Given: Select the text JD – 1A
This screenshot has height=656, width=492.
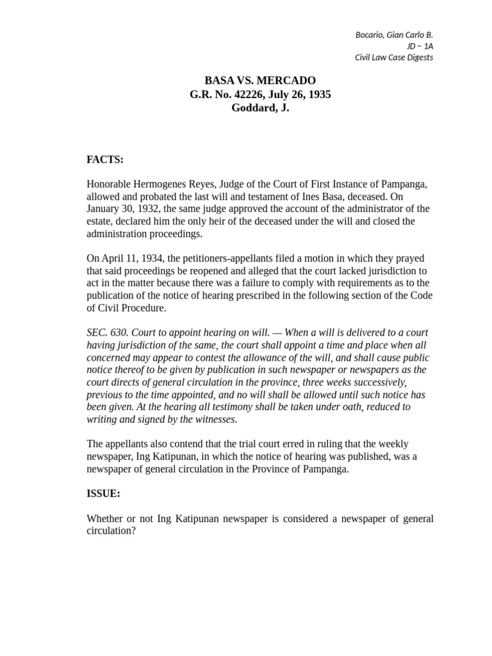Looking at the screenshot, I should tap(420, 46).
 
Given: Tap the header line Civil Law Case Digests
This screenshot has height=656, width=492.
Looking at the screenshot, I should tap(394, 58).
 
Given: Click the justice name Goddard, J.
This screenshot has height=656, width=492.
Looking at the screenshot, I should tap(260, 108).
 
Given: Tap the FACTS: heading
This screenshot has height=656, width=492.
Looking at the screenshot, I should tap(105, 160).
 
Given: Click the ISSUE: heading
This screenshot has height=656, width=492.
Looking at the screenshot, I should tap(103, 494).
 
